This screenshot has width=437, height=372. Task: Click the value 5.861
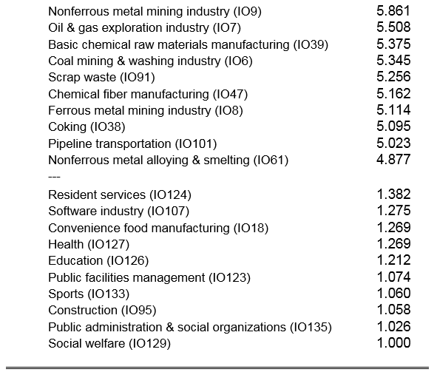point(393,11)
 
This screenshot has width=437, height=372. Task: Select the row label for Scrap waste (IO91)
point(101,77)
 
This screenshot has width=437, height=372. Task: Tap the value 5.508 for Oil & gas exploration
point(393,27)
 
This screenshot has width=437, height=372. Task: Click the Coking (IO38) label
point(87,126)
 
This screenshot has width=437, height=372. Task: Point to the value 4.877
point(393,160)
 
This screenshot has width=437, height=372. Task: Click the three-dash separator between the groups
point(54,177)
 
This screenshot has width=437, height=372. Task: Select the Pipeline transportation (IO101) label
point(132,143)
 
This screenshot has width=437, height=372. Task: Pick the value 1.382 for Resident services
point(393,195)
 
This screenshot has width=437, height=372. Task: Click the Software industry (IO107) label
point(119,211)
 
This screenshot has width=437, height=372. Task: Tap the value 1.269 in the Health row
point(393,244)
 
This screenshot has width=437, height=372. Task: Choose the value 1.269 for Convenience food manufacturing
point(393,227)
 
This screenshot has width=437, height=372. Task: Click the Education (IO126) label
point(98,261)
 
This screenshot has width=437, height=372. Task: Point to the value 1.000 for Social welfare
point(393,343)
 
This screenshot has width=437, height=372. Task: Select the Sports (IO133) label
point(89,294)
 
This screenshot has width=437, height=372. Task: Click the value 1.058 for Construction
point(393,310)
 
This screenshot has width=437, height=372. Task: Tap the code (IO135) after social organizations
point(311,327)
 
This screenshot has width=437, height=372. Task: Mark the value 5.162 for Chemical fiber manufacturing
point(393,94)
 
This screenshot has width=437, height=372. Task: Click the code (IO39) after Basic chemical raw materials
point(311,44)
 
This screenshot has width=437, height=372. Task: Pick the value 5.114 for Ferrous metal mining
point(393,110)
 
